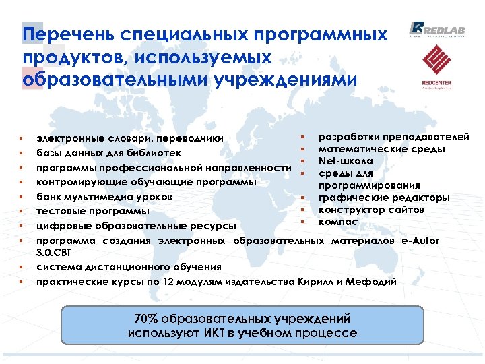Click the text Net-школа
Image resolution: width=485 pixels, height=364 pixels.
tap(346, 161)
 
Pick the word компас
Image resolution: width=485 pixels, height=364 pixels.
tap(338, 221)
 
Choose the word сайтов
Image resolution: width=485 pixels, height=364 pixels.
tap(406, 210)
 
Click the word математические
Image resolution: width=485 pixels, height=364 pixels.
tap(361, 149)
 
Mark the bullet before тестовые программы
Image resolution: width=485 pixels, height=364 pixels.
tap(22, 212)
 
